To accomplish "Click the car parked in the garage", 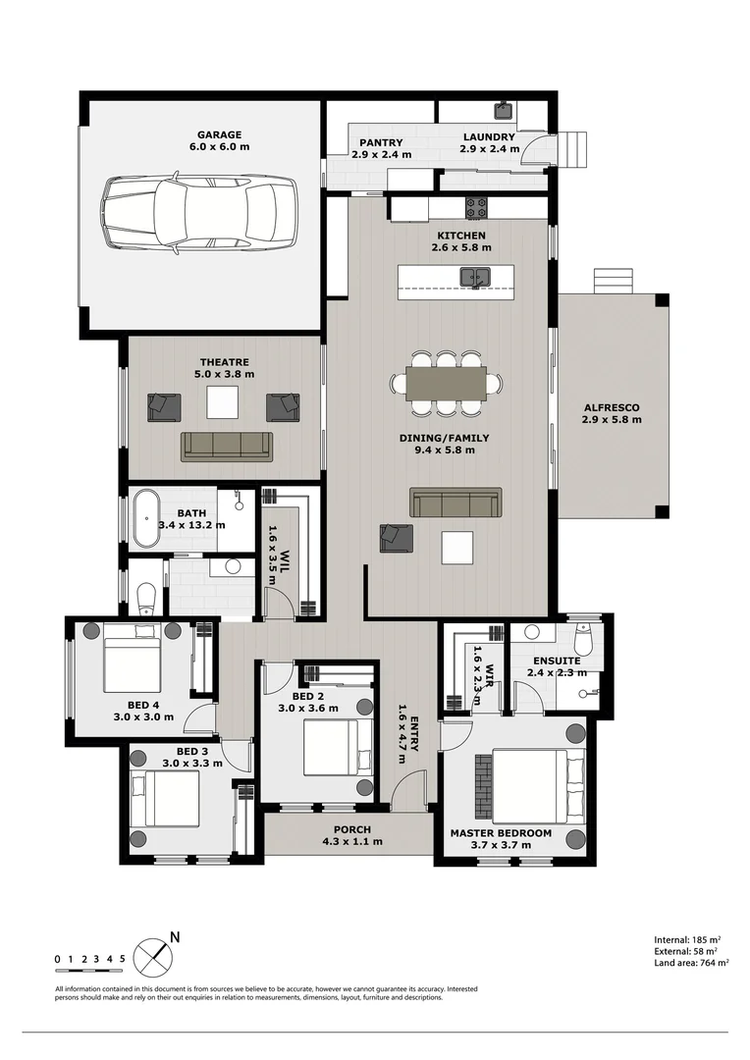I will (199, 214).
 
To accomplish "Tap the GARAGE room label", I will (219, 135).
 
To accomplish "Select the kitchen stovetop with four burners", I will (476, 207).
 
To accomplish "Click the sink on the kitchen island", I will (478, 278).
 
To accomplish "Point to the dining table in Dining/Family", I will (446, 383).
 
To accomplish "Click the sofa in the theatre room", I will (227, 446).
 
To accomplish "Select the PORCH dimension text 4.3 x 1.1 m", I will (352, 841).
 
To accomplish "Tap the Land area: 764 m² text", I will (690, 964).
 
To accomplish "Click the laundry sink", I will (503, 109).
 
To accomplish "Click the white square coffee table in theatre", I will (222, 402).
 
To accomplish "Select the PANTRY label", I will (382, 142).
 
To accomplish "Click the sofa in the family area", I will (455, 503).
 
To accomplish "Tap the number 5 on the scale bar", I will (122, 959).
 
